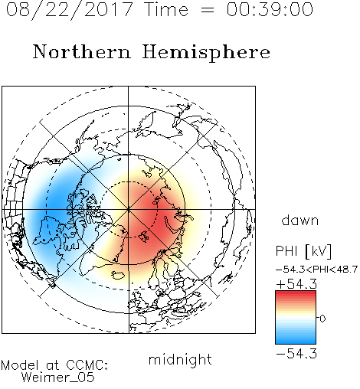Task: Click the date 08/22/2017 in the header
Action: tap(69, 10)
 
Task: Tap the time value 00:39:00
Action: tap(270, 9)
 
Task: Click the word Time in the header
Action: tap(166, 9)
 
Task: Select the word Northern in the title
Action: tap(81, 51)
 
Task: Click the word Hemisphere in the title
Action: tap(206, 53)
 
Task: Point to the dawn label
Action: tap(300, 221)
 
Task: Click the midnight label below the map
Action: tap(180, 359)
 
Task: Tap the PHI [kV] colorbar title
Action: tap(303, 251)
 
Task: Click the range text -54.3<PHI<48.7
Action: tap(316, 270)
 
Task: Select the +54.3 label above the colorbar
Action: tap(296, 284)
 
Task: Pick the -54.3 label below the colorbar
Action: tap(296, 354)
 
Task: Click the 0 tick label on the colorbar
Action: tap(322, 319)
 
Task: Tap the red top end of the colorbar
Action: tap(296, 293)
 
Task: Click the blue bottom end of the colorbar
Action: tap(296, 342)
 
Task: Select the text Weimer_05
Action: tap(58, 378)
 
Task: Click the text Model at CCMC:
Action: tap(54, 365)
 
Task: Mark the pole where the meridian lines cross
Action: tap(129, 209)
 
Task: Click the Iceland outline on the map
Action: tap(118, 275)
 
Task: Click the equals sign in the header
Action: tap(208, 10)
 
